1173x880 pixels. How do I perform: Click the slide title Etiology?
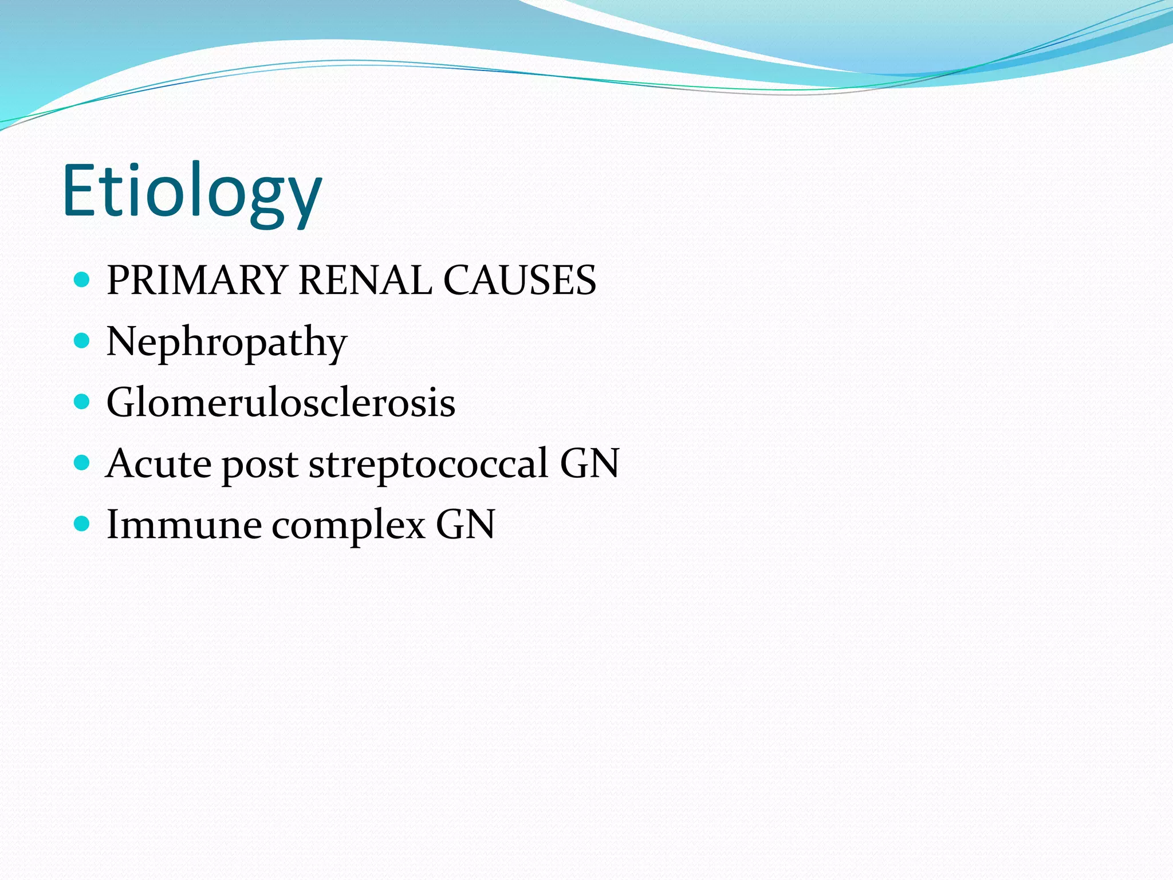(x=192, y=192)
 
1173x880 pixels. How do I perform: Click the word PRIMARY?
(x=196, y=280)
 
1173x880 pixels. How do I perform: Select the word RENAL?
(x=365, y=280)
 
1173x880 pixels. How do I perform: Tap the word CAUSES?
(x=519, y=280)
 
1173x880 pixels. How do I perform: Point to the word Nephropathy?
(x=227, y=342)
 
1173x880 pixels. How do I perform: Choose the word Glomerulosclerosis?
(x=281, y=403)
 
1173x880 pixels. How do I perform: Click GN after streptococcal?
(x=590, y=463)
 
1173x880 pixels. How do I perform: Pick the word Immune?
(x=184, y=524)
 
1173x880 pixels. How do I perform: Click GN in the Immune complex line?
(x=465, y=524)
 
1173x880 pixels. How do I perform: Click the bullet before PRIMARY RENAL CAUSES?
(x=82, y=280)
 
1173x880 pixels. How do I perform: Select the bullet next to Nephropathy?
(x=82, y=341)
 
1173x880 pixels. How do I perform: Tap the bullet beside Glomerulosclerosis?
(x=82, y=402)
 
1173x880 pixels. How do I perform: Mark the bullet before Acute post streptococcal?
(x=82, y=462)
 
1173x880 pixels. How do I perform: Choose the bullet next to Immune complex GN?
(x=82, y=523)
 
